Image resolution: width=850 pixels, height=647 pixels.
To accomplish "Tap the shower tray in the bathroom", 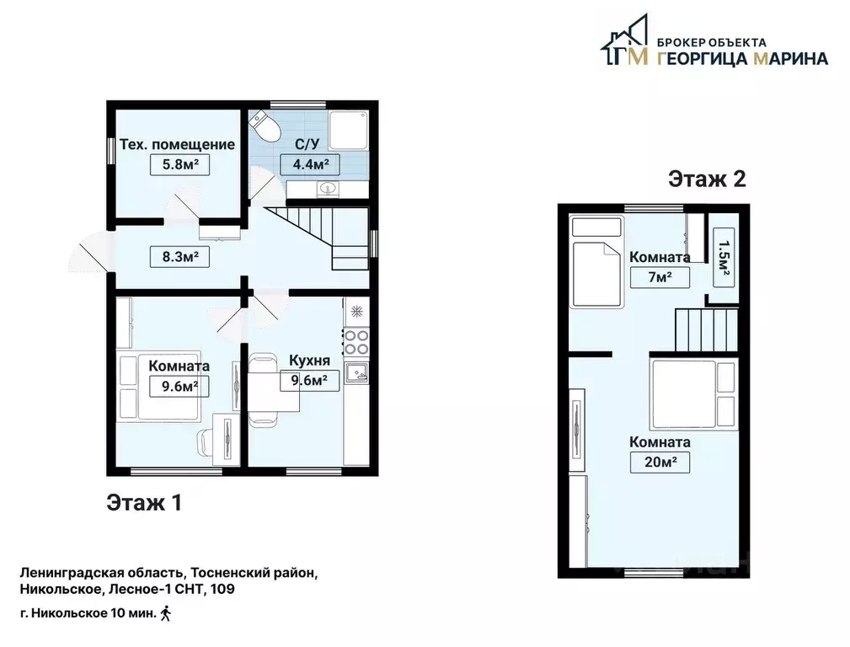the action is point(349,131).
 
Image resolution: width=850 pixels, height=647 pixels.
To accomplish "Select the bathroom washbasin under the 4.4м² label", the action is point(328,189).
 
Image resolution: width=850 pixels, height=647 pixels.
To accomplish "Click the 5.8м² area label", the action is point(179,164).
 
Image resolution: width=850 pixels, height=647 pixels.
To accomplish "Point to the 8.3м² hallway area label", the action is point(179,256).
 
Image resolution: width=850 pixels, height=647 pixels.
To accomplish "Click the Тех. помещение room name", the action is point(177,145).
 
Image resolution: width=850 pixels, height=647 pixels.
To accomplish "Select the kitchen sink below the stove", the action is point(356,371).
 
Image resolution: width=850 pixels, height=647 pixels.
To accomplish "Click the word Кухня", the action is point(309,361).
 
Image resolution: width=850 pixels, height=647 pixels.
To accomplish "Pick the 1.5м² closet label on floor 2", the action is point(723,256).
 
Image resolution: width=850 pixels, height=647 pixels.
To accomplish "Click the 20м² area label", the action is point(660,463).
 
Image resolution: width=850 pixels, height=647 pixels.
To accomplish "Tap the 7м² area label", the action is point(660,277).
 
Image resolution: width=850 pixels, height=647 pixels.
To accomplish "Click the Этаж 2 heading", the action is point(707,179).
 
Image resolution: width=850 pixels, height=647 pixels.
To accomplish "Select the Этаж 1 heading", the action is point(144,503).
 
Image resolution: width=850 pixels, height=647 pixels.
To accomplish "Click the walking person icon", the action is point(166,613).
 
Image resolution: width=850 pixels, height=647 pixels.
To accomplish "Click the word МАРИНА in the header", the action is point(791,58).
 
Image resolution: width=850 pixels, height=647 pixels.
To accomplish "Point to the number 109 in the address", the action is point(222,589).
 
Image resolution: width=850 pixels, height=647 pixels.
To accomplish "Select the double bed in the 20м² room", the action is point(694,395).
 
